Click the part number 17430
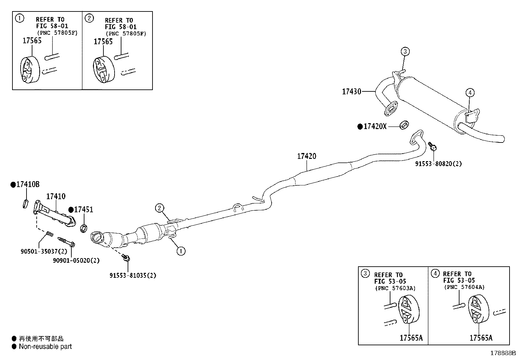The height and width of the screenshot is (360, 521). [351, 91]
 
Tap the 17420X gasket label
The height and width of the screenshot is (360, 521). [375, 126]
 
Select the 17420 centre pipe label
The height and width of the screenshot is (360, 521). [307, 156]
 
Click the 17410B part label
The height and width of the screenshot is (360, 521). [28, 184]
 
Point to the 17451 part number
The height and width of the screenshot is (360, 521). [83, 210]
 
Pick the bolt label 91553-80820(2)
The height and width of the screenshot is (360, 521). [439, 164]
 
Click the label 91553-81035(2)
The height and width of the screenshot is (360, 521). [133, 275]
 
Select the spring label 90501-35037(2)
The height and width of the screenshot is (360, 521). [44, 251]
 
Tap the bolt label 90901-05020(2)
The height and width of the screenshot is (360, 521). [76, 260]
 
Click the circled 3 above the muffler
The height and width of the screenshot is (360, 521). [405, 51]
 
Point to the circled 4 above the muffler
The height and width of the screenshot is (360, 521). [470, 93]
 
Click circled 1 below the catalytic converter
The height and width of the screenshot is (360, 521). [181, 251]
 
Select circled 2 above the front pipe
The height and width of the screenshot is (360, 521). [159, 208]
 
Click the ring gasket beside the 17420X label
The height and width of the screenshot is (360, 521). [404, 125]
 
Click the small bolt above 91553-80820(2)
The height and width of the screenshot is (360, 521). [432, 146]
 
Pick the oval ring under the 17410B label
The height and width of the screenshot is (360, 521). [26, 204]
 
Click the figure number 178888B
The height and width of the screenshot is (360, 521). [503, 353]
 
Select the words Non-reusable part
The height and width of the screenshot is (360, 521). [45, 347]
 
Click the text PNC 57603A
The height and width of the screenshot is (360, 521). [395, 288]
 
